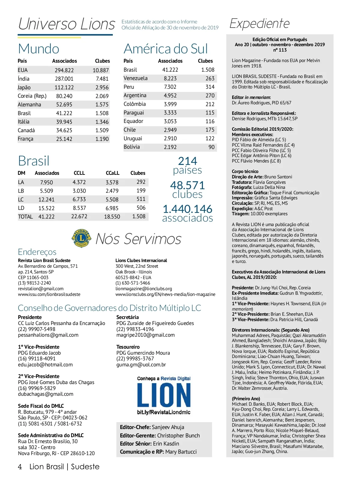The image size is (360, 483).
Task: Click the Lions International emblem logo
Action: (x=81, y=239)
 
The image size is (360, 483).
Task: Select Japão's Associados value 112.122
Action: (x=64, y=88)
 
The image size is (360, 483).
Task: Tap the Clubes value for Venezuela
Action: (x=210, y=78)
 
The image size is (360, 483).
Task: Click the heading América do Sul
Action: (x=166, y=49)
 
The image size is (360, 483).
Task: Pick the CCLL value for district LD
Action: (x=79, y=208)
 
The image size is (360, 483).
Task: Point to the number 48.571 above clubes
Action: (x=187, y=185)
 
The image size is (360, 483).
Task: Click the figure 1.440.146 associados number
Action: (x=187, y=209)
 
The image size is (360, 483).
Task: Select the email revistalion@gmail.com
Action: (x=41, y=289)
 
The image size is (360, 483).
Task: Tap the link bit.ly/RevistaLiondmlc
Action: (x=163, y=412)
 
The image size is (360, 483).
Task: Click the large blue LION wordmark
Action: (x=164, y=395)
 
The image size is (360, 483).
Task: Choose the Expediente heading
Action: (x=259, y=23)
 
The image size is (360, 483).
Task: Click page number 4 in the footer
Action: (x=20, y=467)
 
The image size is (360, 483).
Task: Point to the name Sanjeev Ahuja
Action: (x=168, y=427)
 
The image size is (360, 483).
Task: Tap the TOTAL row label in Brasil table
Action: (x=25, y=217)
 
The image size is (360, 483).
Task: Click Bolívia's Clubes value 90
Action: (x=211, y=147)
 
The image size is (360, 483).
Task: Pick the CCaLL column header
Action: (x=112, y=173)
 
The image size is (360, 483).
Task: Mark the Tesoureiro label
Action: (x=128, y=347)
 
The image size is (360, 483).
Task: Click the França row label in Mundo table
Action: (x=25, y=139)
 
